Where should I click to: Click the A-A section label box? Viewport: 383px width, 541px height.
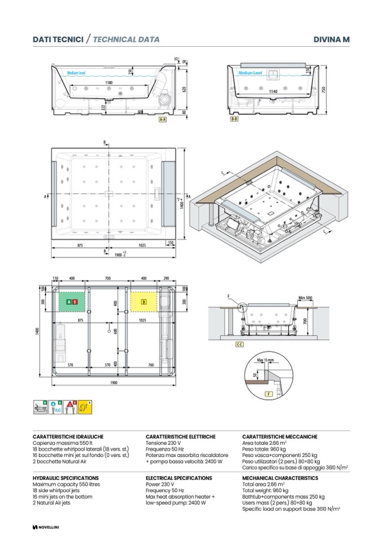click(x=162, y=120)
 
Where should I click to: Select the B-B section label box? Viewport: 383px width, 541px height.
click(x=233, y=120)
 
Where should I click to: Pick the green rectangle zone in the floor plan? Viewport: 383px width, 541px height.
click(x=72, y=302)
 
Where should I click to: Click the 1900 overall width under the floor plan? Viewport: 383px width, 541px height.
click(x=113, y=382)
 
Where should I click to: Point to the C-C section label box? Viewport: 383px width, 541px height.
click(x=240, y=344)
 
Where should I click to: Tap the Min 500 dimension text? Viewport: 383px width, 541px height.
click(x=305, y=297)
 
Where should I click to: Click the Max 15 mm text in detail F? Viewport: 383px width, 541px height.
click(x=264, y=360)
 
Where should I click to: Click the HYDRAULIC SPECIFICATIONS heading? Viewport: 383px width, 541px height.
click(x=66, y=478)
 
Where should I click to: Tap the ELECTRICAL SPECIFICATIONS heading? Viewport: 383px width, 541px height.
click(x=179, y=478)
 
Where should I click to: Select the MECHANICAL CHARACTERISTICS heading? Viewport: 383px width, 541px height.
click(x=280, y=478)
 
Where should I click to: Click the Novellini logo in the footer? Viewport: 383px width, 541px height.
click(x=46, y=527)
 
